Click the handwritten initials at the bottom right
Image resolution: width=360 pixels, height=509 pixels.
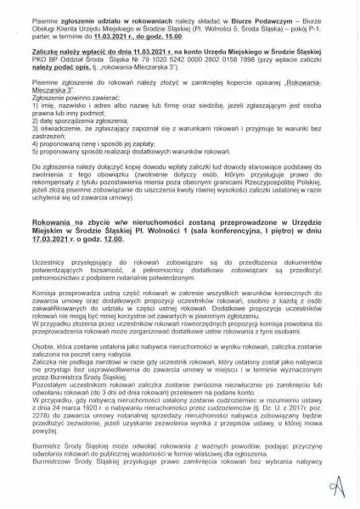point(337,485)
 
